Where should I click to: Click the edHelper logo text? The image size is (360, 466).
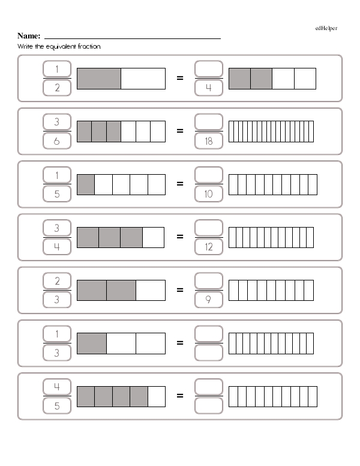(326, 28)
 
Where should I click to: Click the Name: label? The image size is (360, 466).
(29, 36)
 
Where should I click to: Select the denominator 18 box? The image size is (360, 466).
(209, 141)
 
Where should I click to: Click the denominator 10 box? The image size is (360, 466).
(209, 194)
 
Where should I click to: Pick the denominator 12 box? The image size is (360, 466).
(209, 247)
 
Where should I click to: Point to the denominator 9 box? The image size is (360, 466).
(209, 300)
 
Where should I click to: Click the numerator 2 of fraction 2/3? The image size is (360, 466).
(57, 281)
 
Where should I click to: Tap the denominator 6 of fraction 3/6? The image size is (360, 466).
(57, 141)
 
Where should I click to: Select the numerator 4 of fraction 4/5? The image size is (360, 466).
(57, 387)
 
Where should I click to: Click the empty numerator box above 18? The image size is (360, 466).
(209, 122)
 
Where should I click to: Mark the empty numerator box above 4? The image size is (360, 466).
(209, 69)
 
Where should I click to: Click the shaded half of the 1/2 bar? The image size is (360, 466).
(99, 79)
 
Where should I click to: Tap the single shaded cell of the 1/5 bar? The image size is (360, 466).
(86, 184)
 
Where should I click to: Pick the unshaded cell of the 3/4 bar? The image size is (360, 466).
(153, 237)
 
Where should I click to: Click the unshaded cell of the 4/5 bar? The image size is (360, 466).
(157, 396)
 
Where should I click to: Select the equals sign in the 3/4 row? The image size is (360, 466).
(180, 237)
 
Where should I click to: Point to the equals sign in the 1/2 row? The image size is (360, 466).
(180, 78)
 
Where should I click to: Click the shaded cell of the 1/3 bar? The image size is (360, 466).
(92, 343)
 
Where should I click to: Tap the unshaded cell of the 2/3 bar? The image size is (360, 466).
(151, 291)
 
